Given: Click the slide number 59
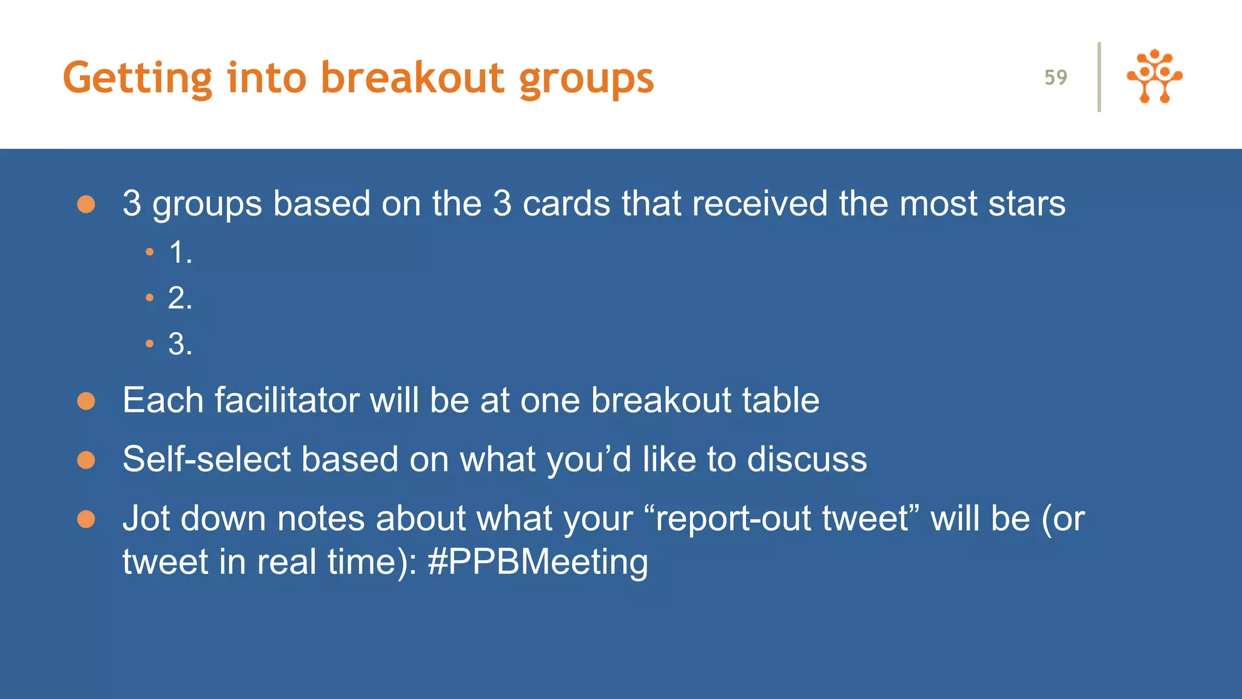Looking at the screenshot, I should [x=1055, y=78].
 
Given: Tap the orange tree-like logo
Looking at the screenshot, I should [x=1154, y=76].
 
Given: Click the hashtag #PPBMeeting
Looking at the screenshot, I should [x=538, y=561].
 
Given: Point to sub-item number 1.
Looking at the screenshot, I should [x=180, y=252].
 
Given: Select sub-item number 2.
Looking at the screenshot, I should [x=180, y=298].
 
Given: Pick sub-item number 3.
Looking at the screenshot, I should [x=180, y=344].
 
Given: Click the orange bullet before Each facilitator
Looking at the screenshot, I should [x=86, y=401].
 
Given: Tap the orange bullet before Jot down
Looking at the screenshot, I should [x=86, y=519].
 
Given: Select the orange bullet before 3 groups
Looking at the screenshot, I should [x=86, y=204].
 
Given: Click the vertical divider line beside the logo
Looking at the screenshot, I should [x=1099, y=77].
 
